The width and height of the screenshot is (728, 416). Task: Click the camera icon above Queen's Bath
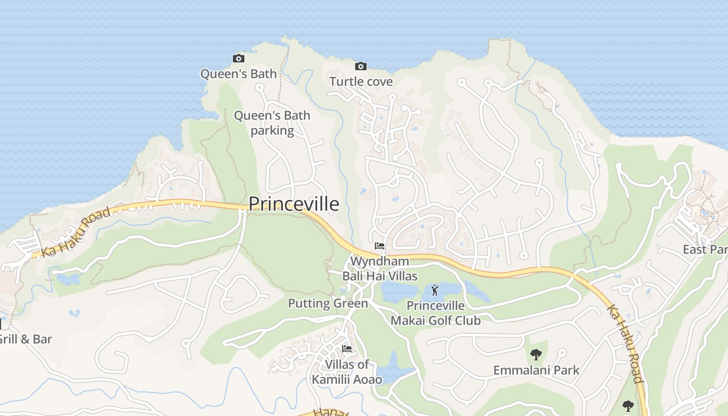coord(239,58)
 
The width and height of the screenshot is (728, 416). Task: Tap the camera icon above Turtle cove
coord(361,66)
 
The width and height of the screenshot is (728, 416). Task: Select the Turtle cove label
coord(361,82)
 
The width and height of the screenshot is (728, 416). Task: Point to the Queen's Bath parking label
coord(272,123)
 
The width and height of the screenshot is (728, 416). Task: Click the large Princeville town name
coord(294,204)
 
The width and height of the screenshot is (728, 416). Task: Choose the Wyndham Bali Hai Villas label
coord(380,268)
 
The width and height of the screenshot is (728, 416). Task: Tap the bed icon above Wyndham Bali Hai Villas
coord(380,245)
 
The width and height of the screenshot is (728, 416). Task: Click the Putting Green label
coord(328,303)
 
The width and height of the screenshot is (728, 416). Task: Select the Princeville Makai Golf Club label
coord(435,313)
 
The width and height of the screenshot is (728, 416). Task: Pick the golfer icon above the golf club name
coord(435,290)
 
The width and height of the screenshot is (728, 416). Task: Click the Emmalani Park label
coord(536,370)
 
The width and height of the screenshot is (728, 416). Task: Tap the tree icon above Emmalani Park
coord(536,355)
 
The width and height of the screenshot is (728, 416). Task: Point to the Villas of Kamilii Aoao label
coord(347,372)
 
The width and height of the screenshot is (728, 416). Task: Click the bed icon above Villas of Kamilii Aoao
coord(347,348)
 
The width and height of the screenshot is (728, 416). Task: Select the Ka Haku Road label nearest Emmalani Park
coord(626,343)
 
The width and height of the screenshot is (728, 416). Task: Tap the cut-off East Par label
coord(705,250)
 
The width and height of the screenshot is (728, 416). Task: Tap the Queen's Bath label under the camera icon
coord(239,74)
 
